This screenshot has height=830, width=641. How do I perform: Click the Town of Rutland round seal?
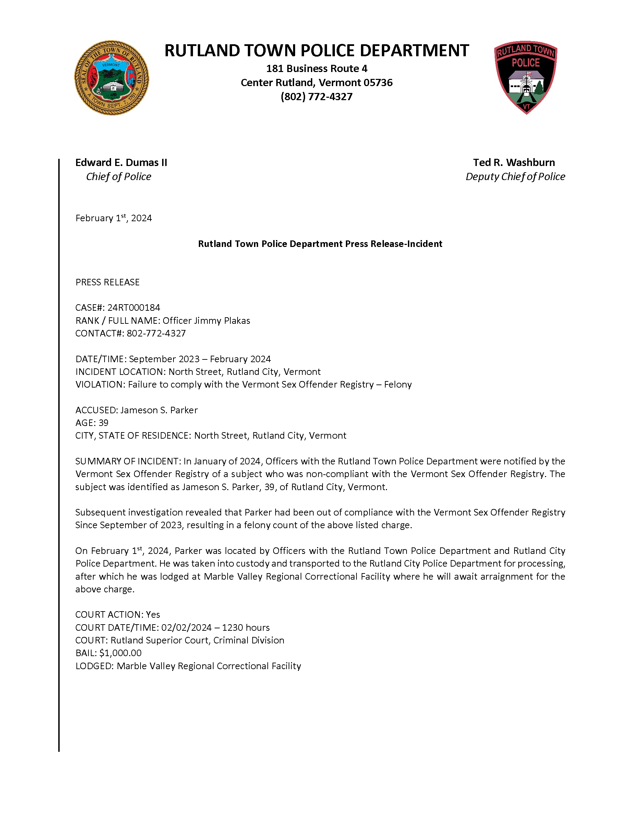click(112, 78)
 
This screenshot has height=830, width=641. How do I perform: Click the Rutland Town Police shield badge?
click(525, 77)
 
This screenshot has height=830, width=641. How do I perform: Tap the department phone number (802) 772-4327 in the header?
click(316, 97)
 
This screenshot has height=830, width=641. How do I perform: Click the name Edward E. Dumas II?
click(121, 163)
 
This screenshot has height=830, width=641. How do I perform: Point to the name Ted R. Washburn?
click(514, 163)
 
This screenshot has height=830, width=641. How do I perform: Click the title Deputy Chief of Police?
click(515, 177)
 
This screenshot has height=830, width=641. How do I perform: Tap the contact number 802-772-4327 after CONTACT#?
click(156, 333)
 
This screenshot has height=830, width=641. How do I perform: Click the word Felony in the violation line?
click(398, 384)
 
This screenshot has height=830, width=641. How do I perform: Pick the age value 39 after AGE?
click(103, 423)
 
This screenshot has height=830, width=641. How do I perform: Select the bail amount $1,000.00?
click(120, 653)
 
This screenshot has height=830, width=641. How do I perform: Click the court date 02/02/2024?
click(186, 627)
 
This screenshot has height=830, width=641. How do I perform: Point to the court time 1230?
click(232, 627)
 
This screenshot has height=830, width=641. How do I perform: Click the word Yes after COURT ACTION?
click(153, 615)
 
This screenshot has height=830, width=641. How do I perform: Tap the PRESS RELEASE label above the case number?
click(108, 282)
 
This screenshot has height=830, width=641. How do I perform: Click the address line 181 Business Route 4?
click(316, 69)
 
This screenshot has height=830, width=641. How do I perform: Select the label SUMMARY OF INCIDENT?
click(127, 461)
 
